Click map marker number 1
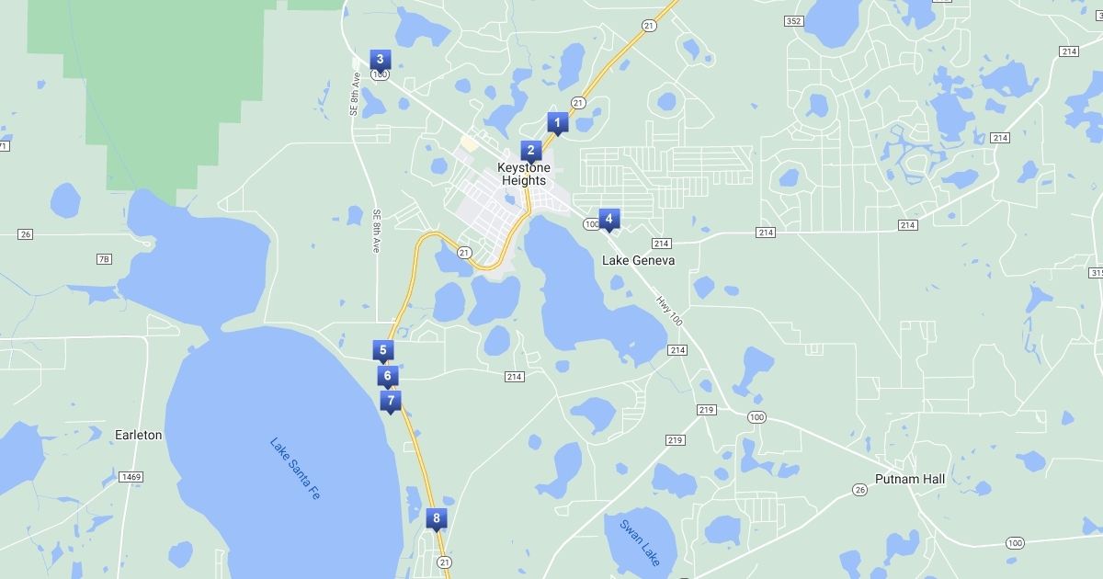coord(556,122)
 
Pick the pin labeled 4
coord(608,219)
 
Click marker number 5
coord(383,350)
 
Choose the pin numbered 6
coord(388,376)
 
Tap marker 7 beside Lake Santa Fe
coord(391,401)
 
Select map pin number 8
coord(437,519)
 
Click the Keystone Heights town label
coord(524,174)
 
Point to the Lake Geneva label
coord(638,260)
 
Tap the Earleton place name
coord(139,435)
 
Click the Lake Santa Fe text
coord(295,468)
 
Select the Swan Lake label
coord(639,542)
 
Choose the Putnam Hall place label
coord(909,479)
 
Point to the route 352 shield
coord(794,20)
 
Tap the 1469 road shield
coord(131,476)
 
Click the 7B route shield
coord(104,259)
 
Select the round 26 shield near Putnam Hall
coord(860,490)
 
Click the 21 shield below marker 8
coord(445,562)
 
